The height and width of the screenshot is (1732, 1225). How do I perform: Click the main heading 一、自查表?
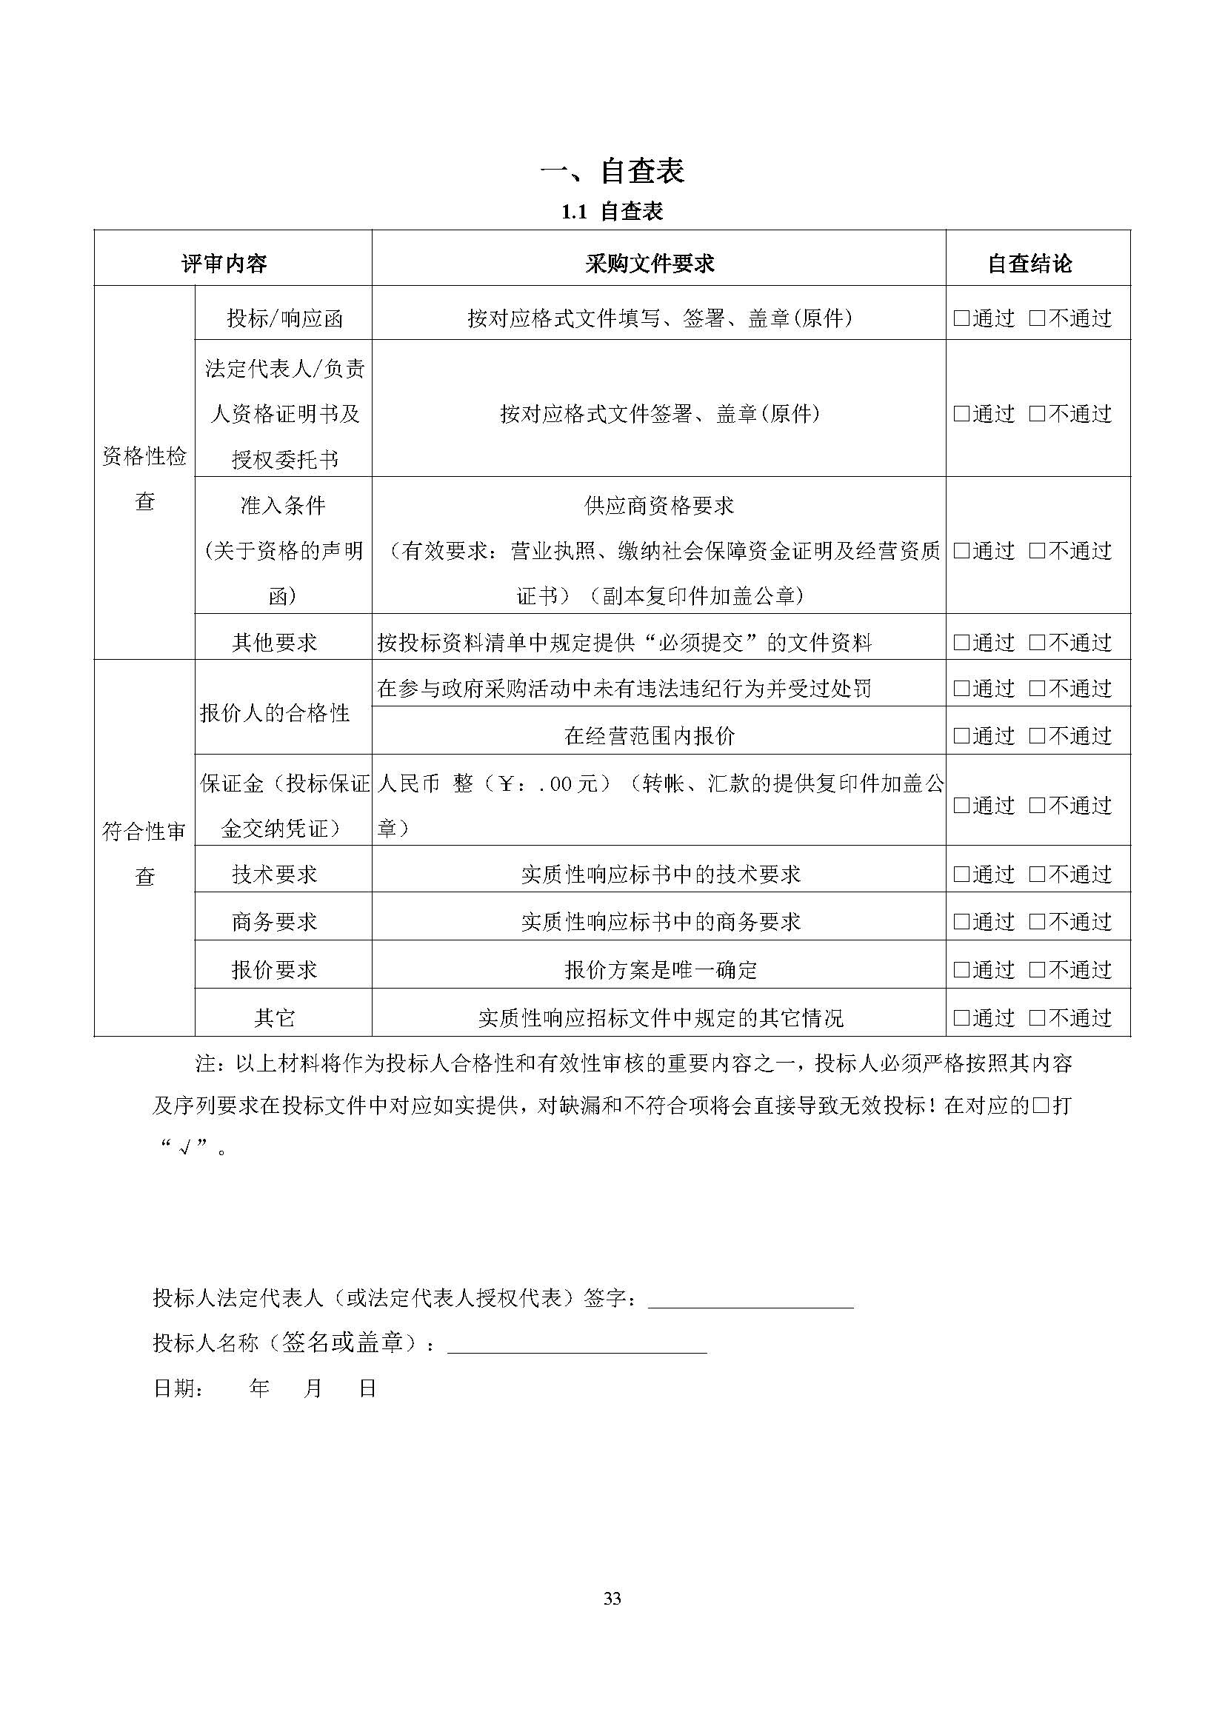tap(612, 171)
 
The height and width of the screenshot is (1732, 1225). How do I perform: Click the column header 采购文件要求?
tap(650, 264)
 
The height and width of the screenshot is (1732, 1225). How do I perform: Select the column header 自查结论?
tap(1029, 264)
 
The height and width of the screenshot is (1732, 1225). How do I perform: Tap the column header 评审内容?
tap(224, 264)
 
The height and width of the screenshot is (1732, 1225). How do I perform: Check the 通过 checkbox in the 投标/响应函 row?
tap(961, 318)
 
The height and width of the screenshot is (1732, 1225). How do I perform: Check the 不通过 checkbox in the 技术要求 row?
tap(1037, 875)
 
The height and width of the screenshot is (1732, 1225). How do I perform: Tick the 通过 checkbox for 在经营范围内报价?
tap(961, 735)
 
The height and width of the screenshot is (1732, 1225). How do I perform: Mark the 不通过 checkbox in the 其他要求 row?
tap(1037, 643)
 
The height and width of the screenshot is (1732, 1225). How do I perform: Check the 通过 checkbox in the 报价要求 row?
tap(961, 969)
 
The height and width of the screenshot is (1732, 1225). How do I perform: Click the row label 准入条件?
tap(282, 506)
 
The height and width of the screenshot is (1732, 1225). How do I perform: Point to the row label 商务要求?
tap(275, 921)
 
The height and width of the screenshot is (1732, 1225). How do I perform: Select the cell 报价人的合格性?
tap(275, 712)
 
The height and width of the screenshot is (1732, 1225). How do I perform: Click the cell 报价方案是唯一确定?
tap(660, 969)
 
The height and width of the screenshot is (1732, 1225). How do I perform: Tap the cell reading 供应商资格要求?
tap(658, 506)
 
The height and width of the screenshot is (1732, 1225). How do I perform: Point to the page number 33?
tap(612, 1599)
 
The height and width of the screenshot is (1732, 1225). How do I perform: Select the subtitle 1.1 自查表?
tap(612, 212)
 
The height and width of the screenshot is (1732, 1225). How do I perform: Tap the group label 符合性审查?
tap(144, 853)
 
